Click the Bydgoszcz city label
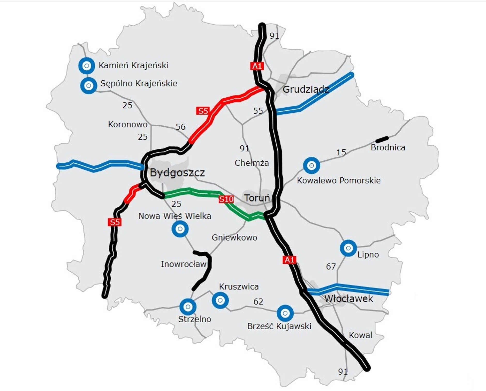(177, 173)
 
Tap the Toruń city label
(257, 198)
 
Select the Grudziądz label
(306, 90)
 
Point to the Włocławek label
(348, 299)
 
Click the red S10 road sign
(226, 199)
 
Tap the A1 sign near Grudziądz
(257, 66)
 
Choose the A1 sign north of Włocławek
(289, 260)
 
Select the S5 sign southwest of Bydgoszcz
(115, 222)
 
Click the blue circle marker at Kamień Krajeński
(87, 66)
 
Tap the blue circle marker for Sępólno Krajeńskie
(89, 85)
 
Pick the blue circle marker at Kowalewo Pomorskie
(312, 165)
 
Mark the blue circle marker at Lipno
(348, 248)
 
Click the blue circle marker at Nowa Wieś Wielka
(180, 229)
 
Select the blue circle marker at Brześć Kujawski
(285, 313)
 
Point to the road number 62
(258, 302)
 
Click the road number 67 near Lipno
(331, 266)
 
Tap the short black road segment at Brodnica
(382, 140)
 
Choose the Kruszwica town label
(239, 287)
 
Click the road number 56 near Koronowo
(180, 127)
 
